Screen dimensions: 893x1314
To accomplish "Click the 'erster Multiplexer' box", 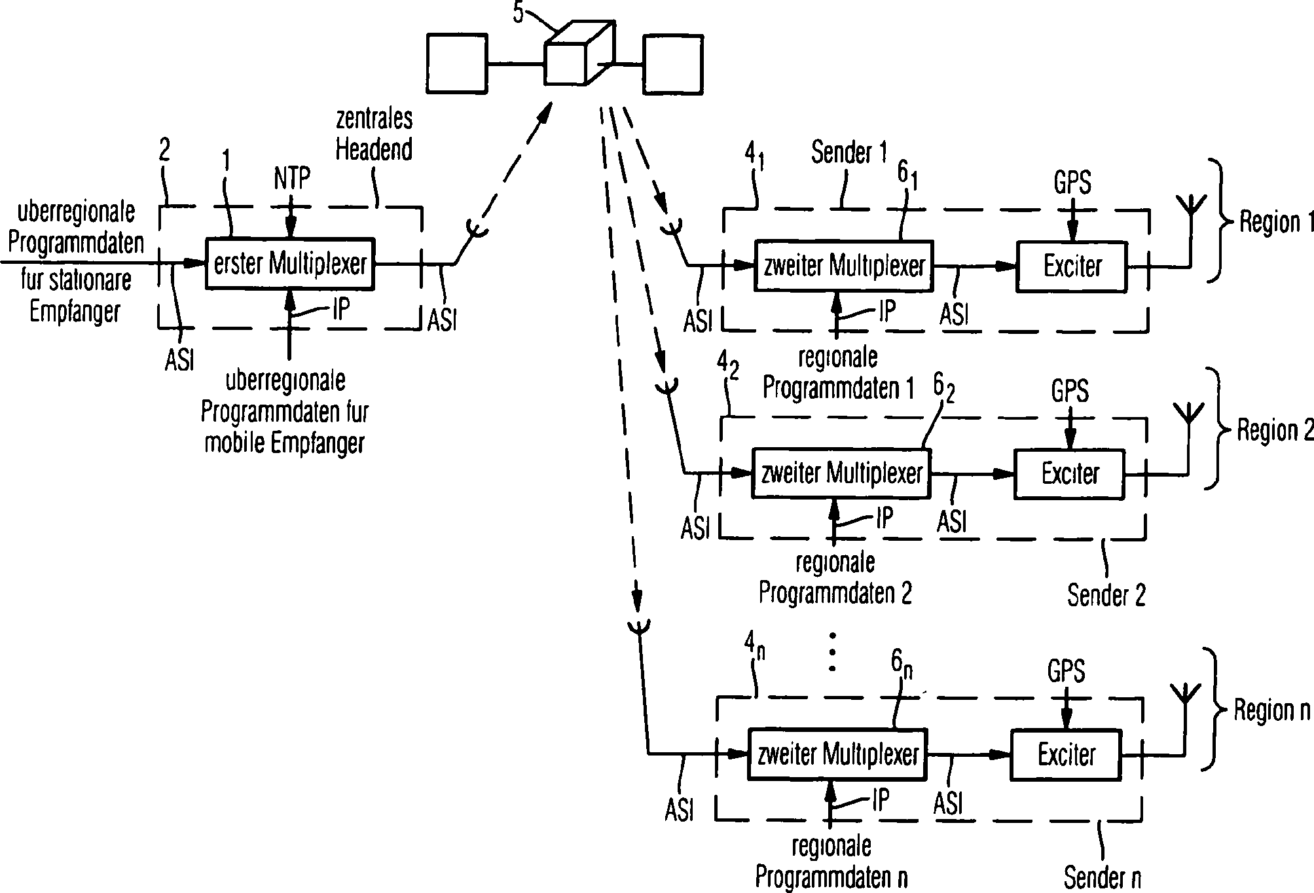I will pos(290,264).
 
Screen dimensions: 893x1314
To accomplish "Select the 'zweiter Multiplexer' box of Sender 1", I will pos(843,266).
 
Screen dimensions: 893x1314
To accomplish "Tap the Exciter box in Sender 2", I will pos(1069,473).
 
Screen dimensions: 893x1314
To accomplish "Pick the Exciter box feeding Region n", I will pos(1066,755).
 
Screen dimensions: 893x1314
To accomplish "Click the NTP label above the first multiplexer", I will pos(292,178).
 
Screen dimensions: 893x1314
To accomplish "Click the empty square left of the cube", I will pos(456,63).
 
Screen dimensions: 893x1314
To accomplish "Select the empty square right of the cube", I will pos(673,65).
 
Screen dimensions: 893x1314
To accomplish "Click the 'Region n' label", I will pos(1272,710).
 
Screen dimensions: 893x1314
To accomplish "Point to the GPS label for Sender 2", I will pos(1070,392).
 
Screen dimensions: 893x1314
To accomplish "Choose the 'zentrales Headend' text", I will pos(374,135).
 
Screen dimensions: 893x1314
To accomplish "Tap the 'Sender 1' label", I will pos(849,153).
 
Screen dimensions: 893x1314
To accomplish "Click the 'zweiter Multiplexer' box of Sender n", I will pos(837,755).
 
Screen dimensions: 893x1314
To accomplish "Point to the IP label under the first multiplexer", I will pos(340,310).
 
